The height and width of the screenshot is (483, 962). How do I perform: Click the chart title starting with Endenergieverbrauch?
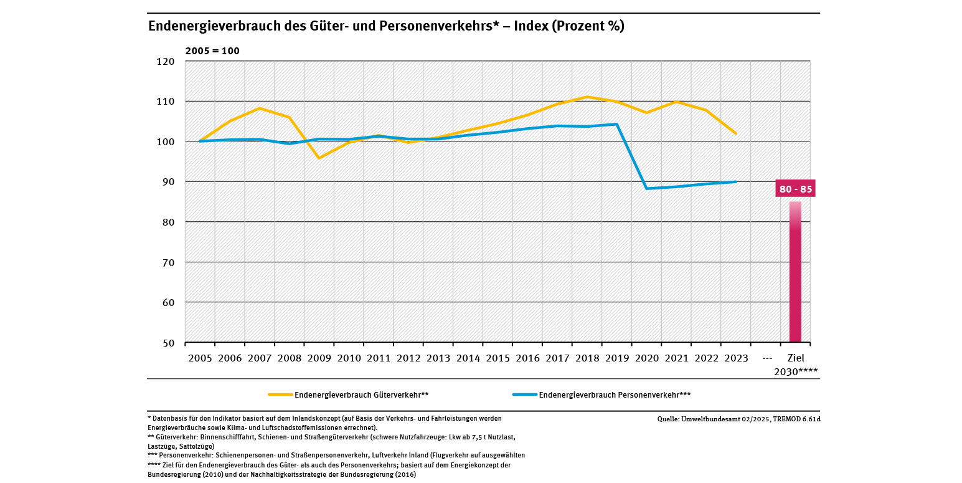(x=385, y=27)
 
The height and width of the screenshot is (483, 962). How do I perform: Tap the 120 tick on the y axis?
(x=167, y=62)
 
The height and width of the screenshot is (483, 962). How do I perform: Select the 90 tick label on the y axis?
(x=169, y=182)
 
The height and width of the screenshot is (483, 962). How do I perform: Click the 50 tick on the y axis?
(x=169, y=343)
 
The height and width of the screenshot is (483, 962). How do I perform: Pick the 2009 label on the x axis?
(x=319, y=358)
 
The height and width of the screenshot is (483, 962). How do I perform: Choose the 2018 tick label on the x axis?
(x=587, y=358)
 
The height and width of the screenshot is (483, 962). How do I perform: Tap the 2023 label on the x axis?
(x=736, y=358)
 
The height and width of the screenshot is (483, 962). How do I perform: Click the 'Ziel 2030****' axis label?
(x=796, y=365)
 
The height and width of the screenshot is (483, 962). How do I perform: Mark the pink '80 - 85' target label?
(x=795, y=189)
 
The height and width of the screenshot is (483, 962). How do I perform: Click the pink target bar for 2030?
(x=795, y=274)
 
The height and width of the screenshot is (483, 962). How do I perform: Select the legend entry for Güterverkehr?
(x=349, y=395)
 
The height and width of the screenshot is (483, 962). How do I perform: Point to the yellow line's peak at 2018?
(x=587, y=97)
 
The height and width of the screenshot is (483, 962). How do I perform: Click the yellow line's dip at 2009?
(x=319, y=158)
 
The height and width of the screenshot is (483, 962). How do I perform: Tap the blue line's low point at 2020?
(x=647, y=188)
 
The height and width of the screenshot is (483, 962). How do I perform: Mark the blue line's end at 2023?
(x=736, y=181)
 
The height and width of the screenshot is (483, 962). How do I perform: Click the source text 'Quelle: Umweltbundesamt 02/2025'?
(x=738, y=419)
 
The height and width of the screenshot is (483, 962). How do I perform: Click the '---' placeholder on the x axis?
(x=766, y=358)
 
